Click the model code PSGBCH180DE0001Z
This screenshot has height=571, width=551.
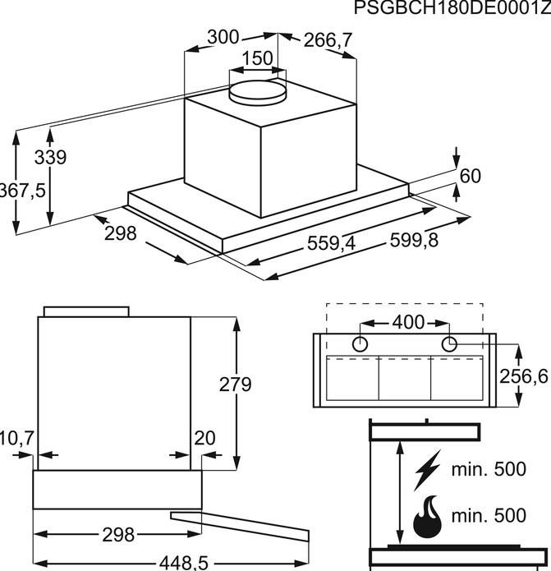[452, 7]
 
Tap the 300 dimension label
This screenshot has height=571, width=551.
[223, 37]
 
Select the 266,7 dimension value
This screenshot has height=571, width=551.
[328, 40]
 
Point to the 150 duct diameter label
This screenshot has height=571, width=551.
[257, 58]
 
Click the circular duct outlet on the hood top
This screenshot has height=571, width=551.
[258, 92]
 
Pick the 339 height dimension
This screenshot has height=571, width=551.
[51, 158]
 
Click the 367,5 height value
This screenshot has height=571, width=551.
[22, 191]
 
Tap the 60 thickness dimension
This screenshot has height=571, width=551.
[471, 176]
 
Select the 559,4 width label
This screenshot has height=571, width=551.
[331, 243]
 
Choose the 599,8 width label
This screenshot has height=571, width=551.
[414, 241]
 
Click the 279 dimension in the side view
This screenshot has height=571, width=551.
[235, 385]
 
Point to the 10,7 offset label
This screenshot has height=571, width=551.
[17, 438]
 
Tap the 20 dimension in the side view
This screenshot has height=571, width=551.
[204, 438]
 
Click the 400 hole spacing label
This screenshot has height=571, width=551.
[409, 322]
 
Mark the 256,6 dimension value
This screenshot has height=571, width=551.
[524, 376]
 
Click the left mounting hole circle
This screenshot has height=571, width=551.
[360, 344]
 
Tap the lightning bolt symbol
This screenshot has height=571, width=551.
[427, 470]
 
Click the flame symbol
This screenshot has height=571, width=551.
[428, 516]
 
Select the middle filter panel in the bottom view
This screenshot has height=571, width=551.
[405, 378]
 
